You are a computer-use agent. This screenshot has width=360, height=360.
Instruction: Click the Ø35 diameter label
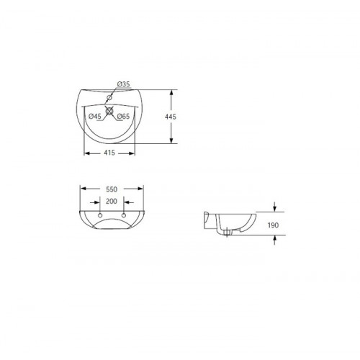[123, 84]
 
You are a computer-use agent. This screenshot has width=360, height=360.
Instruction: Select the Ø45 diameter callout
[95, 117]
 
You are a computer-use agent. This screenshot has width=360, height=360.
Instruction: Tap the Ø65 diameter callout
[123, 117]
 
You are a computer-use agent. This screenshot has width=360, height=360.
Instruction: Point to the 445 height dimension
[171, 117]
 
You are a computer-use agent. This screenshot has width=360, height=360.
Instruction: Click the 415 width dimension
[109, 153]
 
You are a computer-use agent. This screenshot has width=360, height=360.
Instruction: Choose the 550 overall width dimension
[112, 189]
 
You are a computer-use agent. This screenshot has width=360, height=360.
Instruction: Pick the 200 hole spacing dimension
[112, 201]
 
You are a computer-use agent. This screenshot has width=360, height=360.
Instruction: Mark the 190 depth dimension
[273, 225]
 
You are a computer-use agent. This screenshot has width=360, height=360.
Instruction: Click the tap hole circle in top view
[109, 97]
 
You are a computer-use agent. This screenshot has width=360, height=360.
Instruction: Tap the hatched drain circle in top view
[109, 111]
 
